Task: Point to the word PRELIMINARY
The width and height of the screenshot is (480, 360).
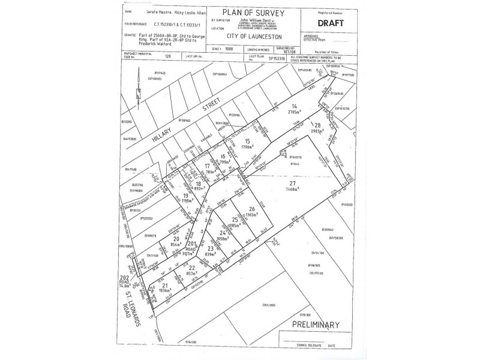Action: (316, 325)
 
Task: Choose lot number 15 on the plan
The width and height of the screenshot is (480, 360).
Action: (247, 140)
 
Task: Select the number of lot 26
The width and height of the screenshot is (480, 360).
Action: (252, 208)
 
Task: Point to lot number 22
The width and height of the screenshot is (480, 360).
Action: (191, 267)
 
